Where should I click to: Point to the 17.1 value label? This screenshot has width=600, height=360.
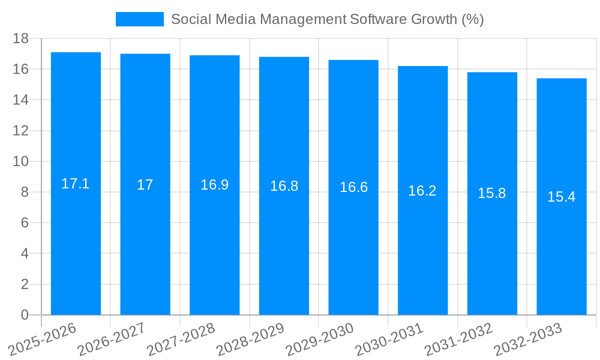pos(76,184)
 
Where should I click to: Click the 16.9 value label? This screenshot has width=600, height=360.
pos(214,185)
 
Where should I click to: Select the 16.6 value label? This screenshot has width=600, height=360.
pos(353,187)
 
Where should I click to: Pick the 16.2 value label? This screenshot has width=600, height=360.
pos(422,191)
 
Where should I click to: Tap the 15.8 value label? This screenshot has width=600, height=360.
pos(492,193)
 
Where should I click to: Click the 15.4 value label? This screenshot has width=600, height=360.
pos(562,197)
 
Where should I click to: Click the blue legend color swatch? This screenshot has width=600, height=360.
pos(139,19)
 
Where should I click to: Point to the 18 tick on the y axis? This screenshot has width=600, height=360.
pos(21,38)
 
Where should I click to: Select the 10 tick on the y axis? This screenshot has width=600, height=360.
pos(21,161)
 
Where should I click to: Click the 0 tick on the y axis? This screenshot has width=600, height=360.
pos(25,315)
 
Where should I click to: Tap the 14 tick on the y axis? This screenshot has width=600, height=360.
pos(21,100)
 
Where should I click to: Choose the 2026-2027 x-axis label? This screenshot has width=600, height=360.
pos(112,340)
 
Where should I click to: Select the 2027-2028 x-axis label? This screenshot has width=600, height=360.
pos(181,340)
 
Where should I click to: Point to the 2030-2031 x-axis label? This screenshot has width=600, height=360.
pos(390,340)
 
